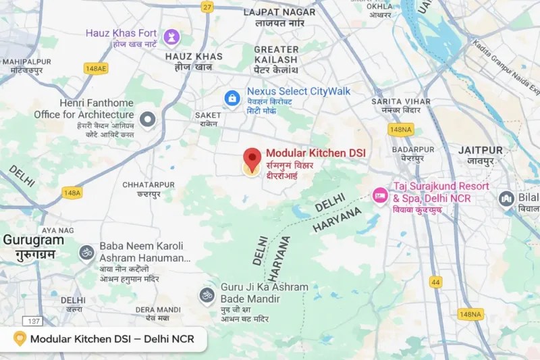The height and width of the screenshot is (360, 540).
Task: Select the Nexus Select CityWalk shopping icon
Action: coord(232,98)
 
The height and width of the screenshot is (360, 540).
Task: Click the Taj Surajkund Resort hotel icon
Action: coord(380,195)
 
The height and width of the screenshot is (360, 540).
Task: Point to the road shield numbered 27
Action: coord(207,7)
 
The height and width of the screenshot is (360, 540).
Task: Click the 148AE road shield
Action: coord(95,68)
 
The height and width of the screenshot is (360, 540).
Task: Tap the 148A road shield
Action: coord(72,192)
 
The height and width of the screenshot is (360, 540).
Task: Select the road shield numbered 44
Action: coord(435,282)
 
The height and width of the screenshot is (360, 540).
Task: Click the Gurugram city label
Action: coord(33,240)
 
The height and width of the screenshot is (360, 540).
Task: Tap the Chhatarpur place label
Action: coord(148,184)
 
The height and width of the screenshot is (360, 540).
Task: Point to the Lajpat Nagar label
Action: coord(279,12)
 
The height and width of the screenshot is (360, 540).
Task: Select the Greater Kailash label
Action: coord(276,54)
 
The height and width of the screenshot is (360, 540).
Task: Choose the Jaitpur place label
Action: coord(480,150)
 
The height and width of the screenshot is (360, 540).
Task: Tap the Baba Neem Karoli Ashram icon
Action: coord(86,253)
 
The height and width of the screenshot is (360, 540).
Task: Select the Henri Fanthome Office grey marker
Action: coord(147,120)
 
